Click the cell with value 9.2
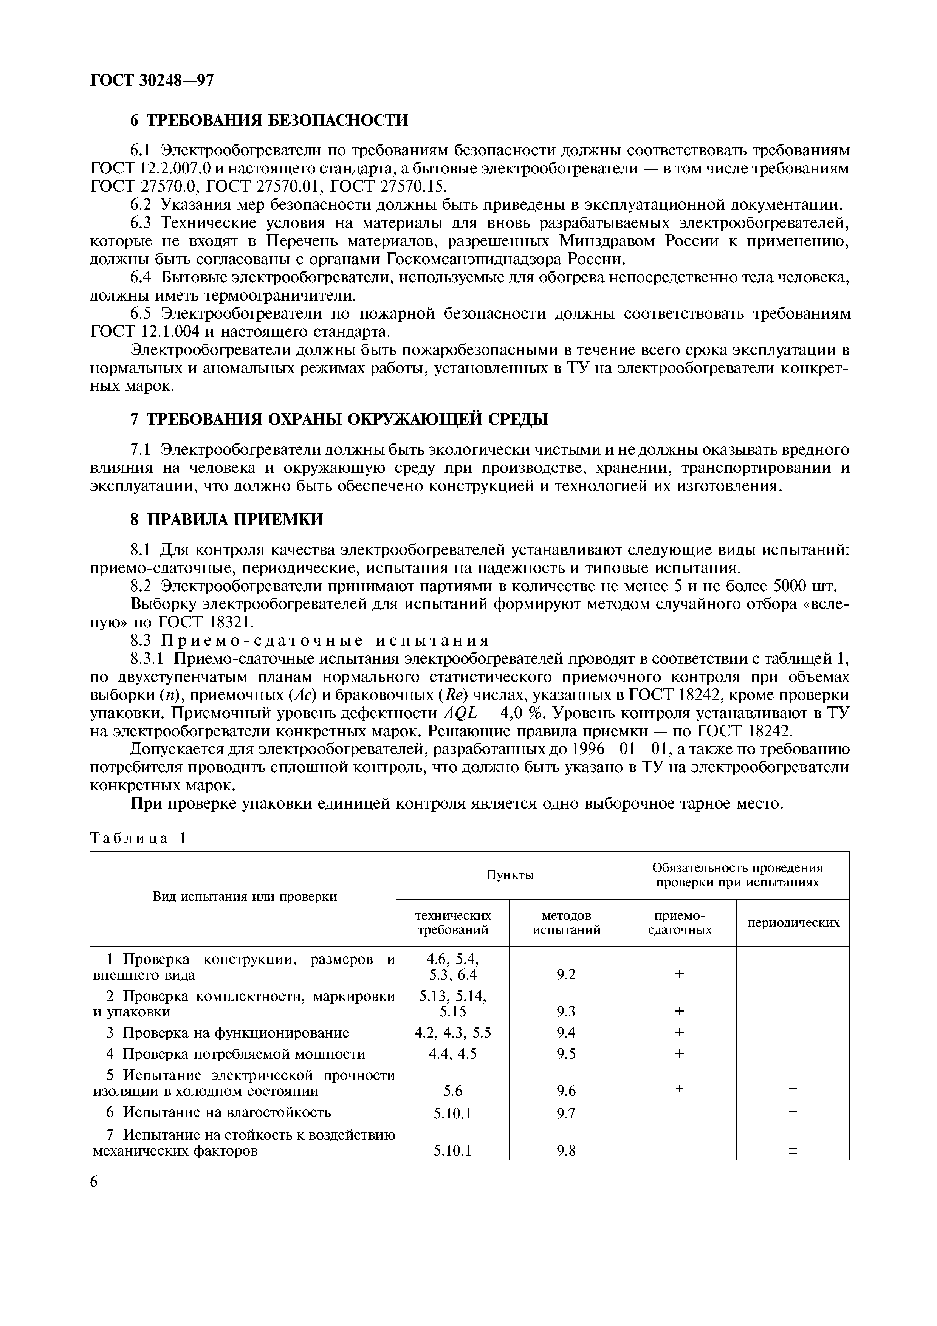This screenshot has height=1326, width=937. (x=566, y=975)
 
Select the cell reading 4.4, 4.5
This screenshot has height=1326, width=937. (x=453, y=1053)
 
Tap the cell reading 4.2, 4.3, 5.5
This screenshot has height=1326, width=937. (x=453, y=1032)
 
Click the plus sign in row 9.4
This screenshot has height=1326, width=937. (x=680, y=1032)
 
